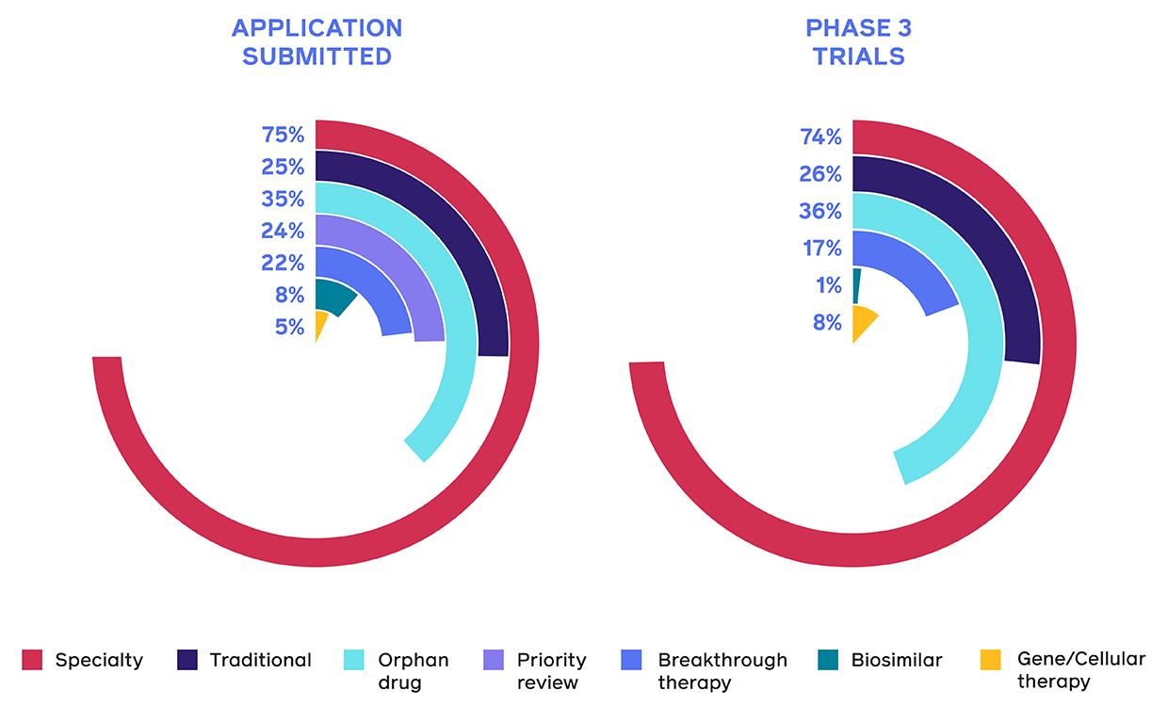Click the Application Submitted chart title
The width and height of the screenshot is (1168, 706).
pos(316,42)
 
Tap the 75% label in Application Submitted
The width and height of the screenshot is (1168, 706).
pos(283,135)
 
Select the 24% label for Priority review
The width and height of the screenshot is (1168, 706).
pos(283,231)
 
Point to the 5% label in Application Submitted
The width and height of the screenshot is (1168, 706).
pos(289,327)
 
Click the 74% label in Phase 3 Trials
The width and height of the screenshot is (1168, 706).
pos(820,137)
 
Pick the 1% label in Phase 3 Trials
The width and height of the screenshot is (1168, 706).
pos(827,286)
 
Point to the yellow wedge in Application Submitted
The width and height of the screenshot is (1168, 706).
pos(320,323)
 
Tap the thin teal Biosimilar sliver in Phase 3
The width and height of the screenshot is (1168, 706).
pos(856,285)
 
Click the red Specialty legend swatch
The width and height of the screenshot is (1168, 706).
pos(33,660)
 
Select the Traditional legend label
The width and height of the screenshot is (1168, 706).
pos(260,660)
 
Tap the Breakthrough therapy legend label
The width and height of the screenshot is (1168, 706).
pos(722,670)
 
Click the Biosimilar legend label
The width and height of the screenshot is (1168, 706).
pos(896,660)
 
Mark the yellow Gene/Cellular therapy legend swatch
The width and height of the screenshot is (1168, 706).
pos(990,660)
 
